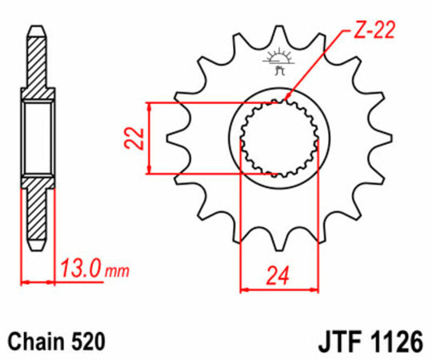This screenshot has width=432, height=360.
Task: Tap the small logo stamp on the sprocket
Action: pos(277,62)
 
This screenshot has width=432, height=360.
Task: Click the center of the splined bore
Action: pos(277,138)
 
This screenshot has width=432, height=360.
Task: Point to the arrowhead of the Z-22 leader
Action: pos(286,100)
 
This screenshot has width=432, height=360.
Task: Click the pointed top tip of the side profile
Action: pos(37,28)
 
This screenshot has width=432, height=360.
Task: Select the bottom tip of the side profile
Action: pos(37,246)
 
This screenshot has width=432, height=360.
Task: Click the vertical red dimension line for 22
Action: pos(150,138)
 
